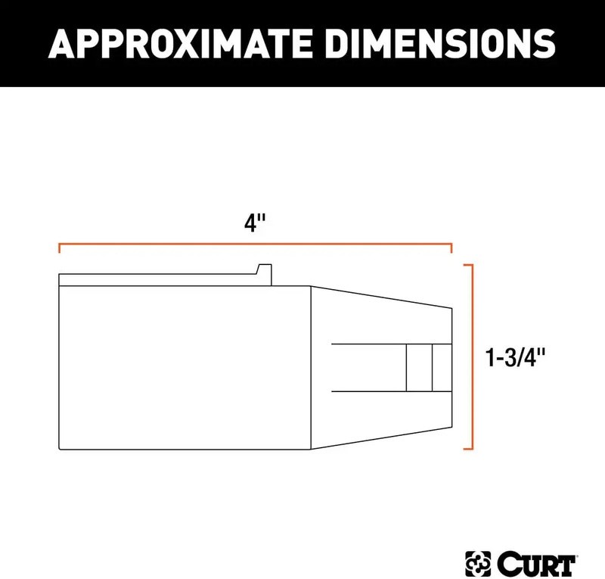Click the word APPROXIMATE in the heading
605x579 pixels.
pyautogui.click(x=180, y=43)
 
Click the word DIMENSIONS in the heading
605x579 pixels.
pyautogui.click(x=440, y=43)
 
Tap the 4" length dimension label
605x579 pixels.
pyautogui.click(x=255, y=223)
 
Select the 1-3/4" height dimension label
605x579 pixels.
pyautogui.click(x=515, y=357)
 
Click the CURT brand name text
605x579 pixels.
pyautogui.click(x=536, y=564)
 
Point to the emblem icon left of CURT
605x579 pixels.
pyautogui.click(x=478, y=564)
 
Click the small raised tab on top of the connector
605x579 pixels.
pyautogui.click(x=264, y=275)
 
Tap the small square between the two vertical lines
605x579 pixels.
pyautogui.click(x=419, y=367)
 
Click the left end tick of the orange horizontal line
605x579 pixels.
pyautogui.click(x=59, y=248)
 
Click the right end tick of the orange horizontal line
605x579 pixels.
pyautogui.click(x=451, y=248)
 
